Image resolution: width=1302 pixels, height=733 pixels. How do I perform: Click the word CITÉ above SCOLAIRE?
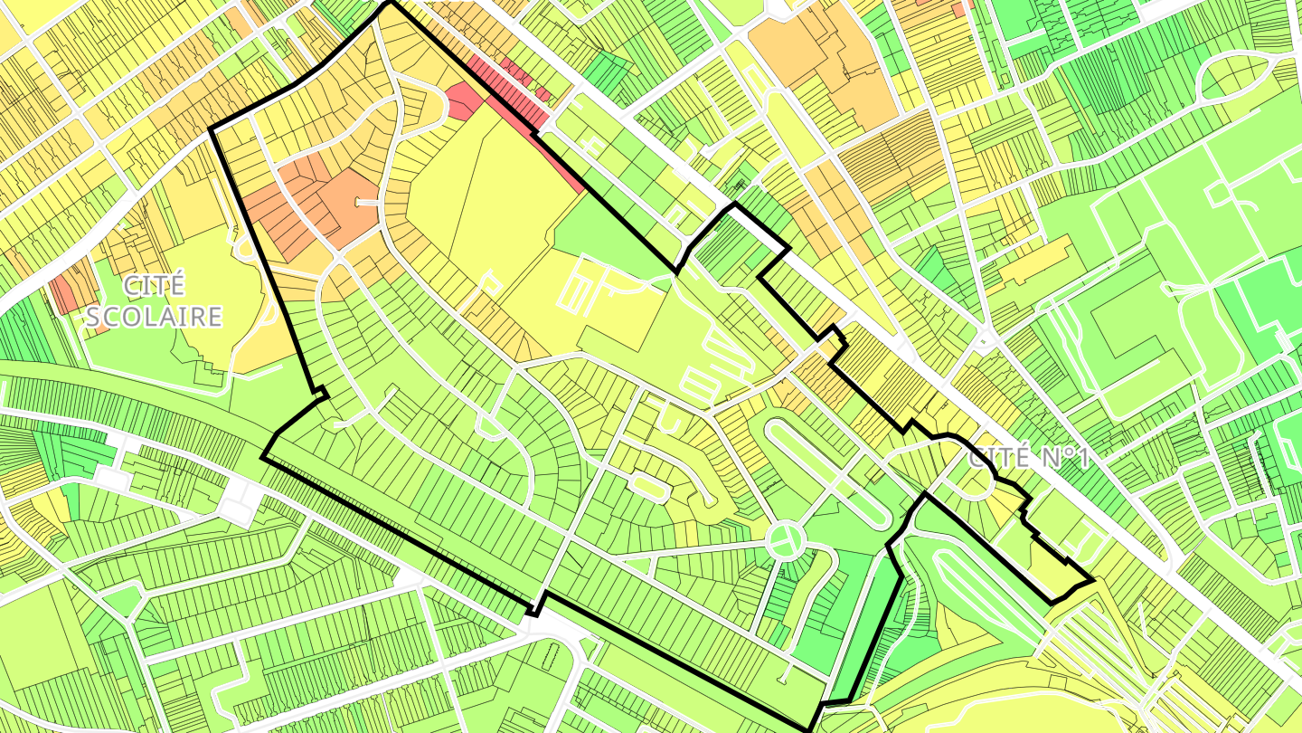[x=155, y=286]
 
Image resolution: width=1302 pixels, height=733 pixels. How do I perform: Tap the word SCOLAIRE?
[x=152, y=317]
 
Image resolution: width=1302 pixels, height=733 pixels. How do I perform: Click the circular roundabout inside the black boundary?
[x=785, y=540]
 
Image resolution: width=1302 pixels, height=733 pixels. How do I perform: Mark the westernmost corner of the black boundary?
[x=211, y=129]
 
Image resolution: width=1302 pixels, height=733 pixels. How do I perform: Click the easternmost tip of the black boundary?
[x=1093, y=580]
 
